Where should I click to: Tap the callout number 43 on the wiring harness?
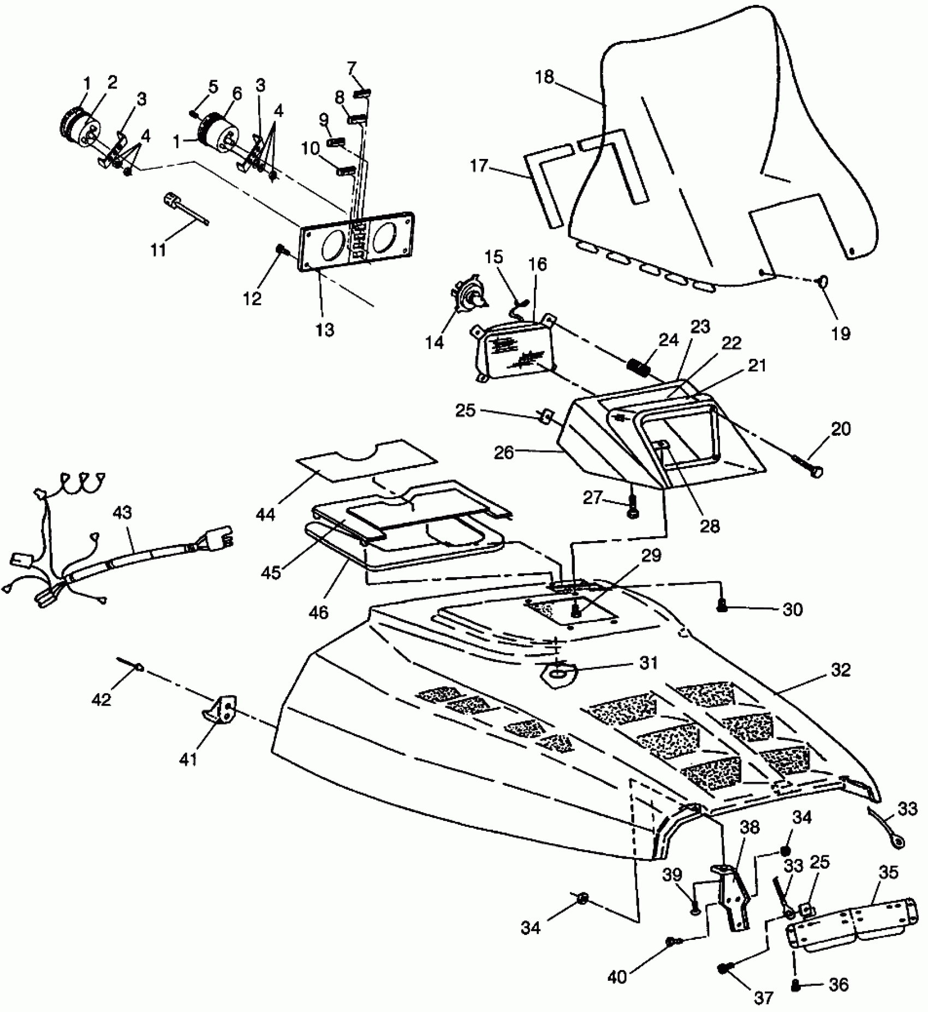(x=124, y=513)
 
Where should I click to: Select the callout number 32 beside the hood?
(x=841, y=670)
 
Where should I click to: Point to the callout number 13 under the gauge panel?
(x=325, y=330)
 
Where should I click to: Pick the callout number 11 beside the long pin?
(x=158, y=251)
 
